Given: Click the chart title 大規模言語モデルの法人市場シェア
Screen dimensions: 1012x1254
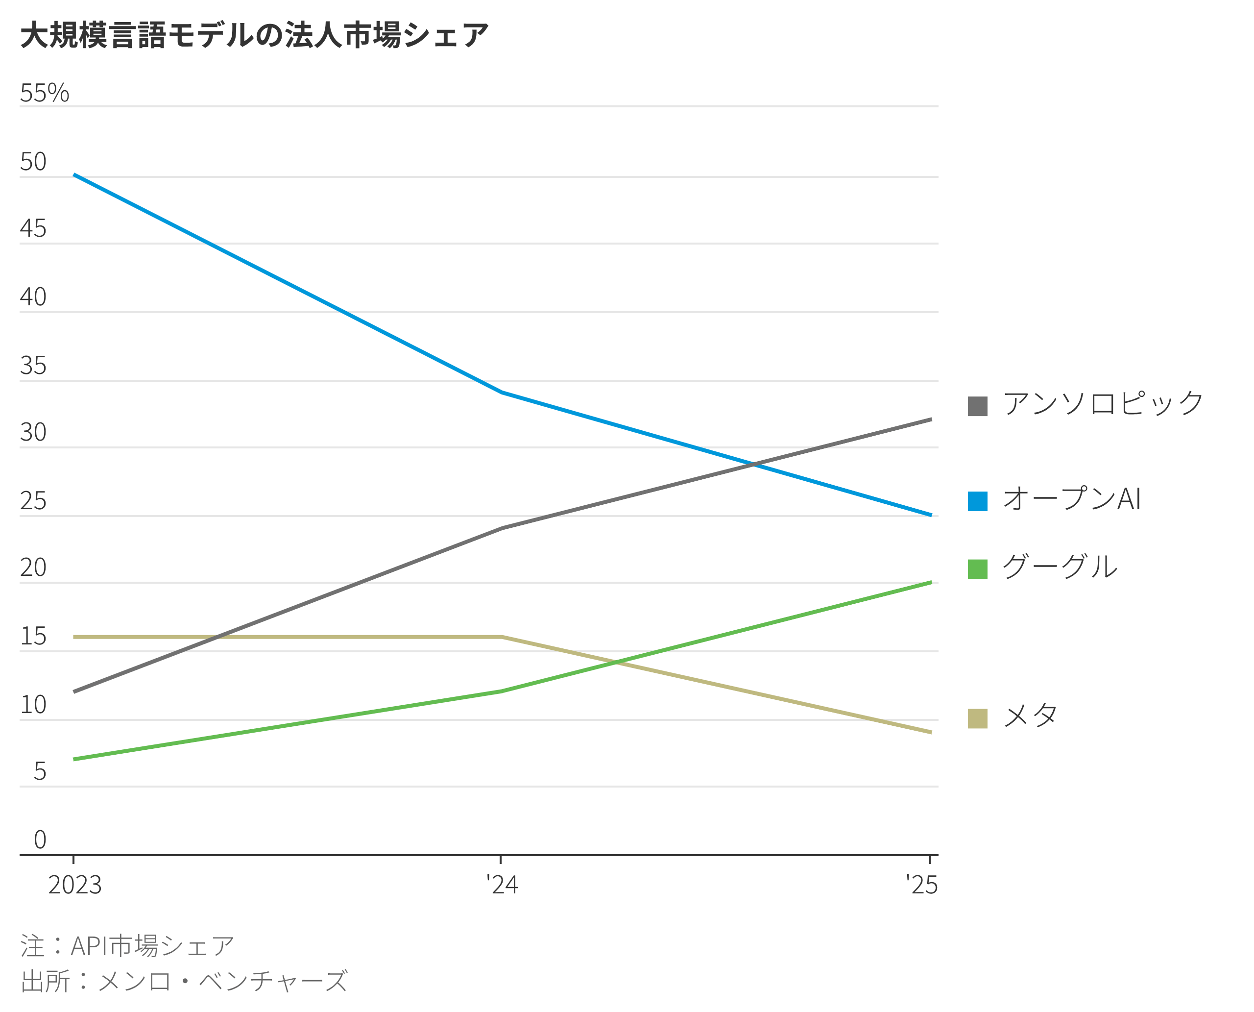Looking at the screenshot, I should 254,35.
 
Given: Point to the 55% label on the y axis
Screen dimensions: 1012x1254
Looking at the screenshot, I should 44,93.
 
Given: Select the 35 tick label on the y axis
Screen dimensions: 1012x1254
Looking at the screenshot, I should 33,366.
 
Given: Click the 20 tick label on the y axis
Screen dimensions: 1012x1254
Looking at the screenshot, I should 33,567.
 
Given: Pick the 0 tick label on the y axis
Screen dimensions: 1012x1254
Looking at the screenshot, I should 40,839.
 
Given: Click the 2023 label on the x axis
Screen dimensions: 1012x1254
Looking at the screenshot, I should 74,885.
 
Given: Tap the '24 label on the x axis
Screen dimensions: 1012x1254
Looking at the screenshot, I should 502,885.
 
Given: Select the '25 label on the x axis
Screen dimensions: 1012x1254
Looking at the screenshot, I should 921,885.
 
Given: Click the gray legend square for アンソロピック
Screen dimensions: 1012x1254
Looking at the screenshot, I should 977,406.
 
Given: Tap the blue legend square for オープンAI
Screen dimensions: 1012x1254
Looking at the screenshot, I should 977,501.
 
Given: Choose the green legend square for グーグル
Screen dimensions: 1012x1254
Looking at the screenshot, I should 977,569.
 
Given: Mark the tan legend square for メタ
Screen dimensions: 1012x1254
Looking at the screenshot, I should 977,718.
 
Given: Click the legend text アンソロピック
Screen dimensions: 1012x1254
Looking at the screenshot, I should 1103,403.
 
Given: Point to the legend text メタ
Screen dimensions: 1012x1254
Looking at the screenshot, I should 1030,716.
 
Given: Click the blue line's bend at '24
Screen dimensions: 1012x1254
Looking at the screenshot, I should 502,393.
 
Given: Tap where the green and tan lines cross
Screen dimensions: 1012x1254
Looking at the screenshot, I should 615,662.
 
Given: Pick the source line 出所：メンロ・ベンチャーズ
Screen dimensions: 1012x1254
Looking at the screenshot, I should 184,981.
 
